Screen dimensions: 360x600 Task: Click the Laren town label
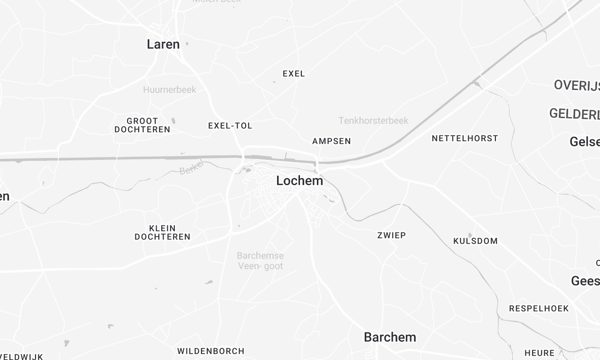point(163,44)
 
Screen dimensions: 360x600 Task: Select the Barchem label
point(390,336)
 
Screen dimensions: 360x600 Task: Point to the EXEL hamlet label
point(294,74)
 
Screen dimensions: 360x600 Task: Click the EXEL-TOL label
point(229,126)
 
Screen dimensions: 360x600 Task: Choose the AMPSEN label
point(331,141)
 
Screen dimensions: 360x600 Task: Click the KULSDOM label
point(475,241)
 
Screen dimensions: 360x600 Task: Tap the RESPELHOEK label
point(538,308)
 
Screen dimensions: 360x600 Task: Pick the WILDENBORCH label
point(210,351)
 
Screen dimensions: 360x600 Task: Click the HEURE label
point(539,353)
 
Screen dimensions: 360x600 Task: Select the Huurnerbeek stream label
point(169,90)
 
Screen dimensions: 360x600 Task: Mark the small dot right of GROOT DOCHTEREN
point(172,121)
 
